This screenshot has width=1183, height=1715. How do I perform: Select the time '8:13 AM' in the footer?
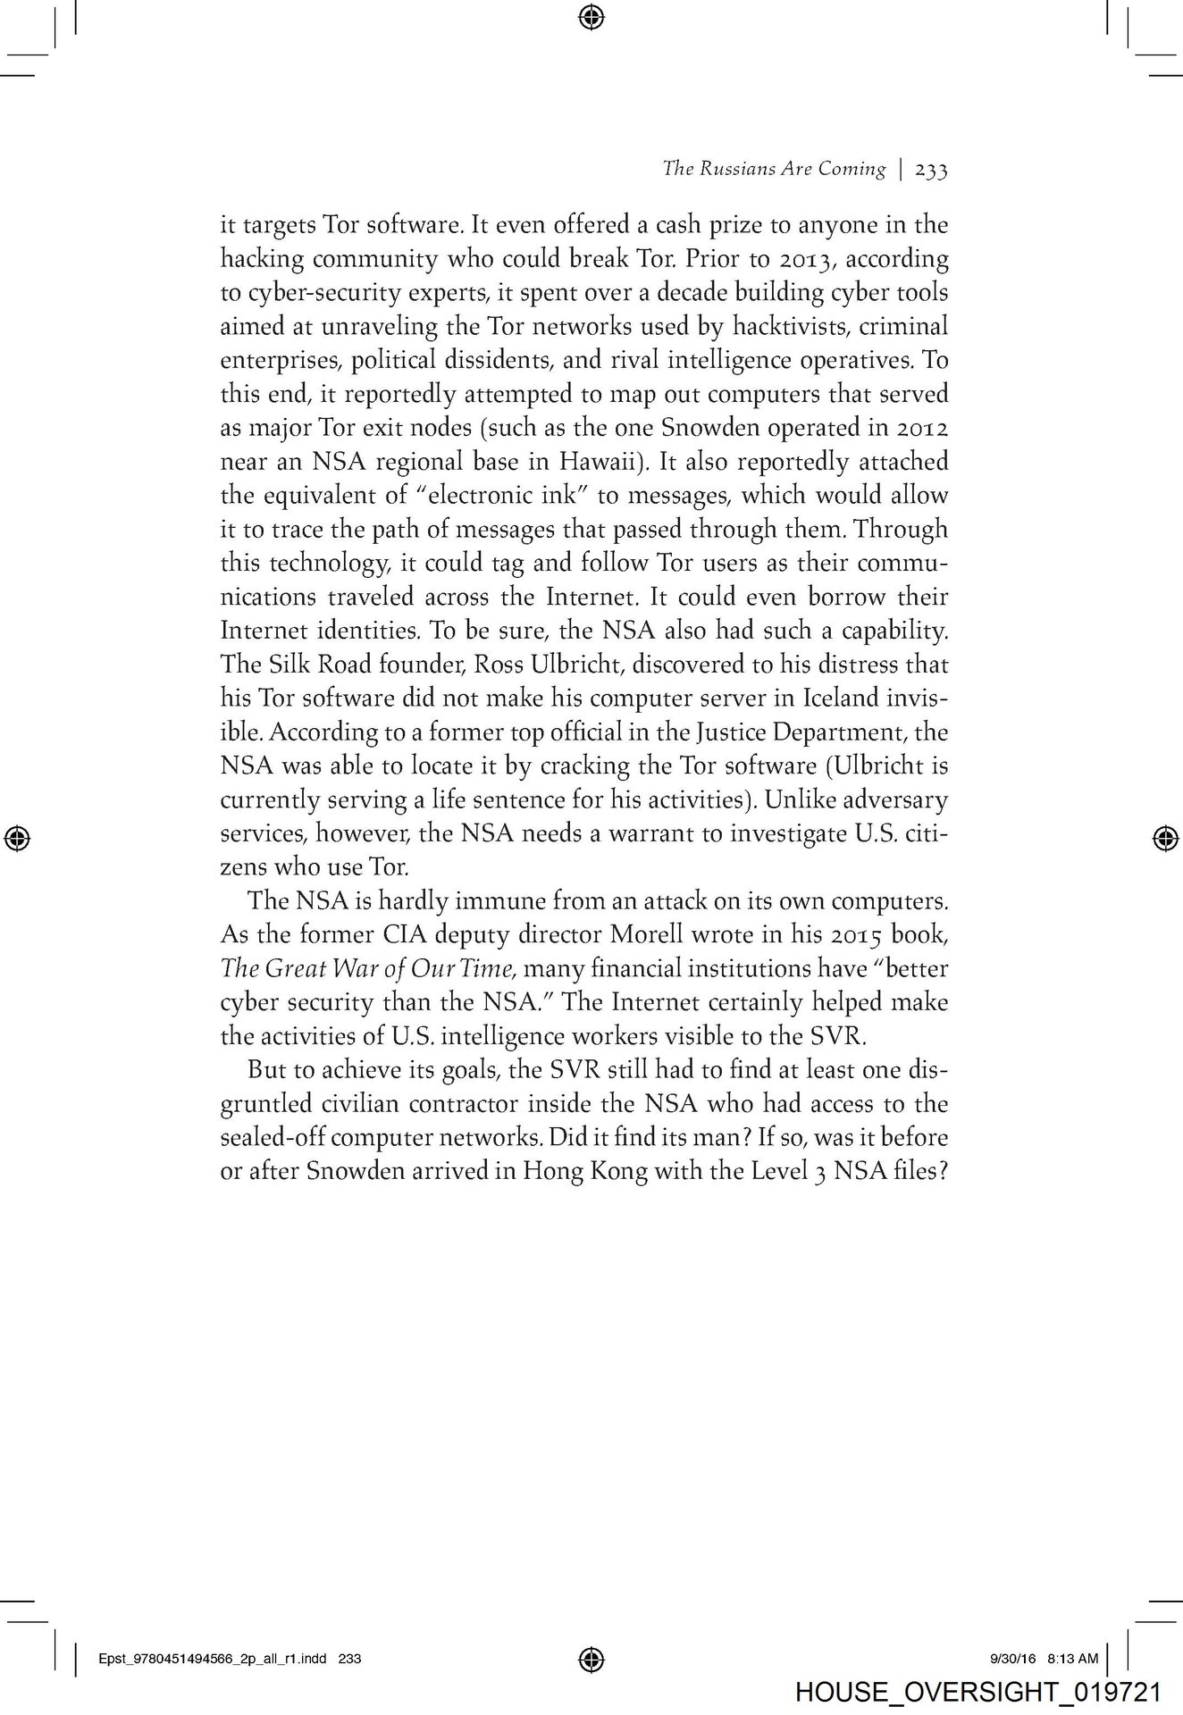click(1072, 1659)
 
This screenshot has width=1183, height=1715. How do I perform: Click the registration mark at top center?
click(591, 15)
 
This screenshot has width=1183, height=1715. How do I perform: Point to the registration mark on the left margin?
click(17, 837)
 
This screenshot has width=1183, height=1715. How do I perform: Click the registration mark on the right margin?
click(1164, 837)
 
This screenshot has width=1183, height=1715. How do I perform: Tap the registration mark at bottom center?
click(591, 1659)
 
